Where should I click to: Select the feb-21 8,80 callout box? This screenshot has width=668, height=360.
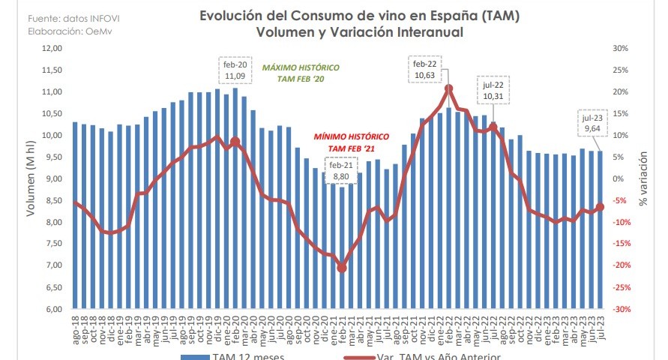[x=341, y=169]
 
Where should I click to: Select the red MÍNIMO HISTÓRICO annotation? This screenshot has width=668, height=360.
[x=352, y=142]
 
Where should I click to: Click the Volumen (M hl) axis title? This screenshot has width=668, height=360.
[x=31, y=178]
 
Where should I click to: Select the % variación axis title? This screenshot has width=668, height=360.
[x=643, y=178]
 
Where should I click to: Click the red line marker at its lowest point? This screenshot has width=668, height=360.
[x=342, y=268]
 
